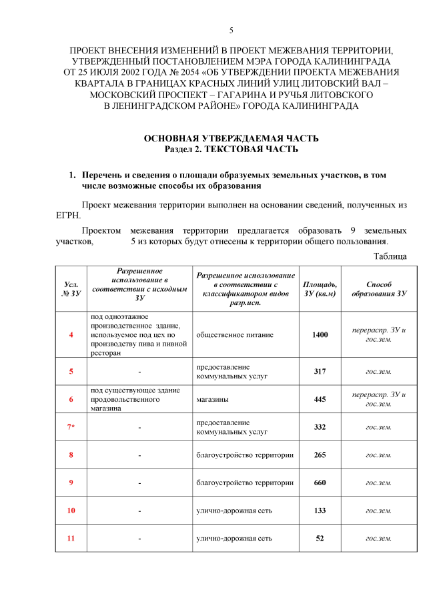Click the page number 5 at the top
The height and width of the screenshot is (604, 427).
coord(231,30)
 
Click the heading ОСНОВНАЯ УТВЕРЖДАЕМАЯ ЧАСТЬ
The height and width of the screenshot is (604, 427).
coord(231,137)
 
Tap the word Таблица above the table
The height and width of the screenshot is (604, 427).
coord(390,256)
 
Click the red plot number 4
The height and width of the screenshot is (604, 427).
coord(71,334)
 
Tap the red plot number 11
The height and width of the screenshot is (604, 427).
coord(71,538)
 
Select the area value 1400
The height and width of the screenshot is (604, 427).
coord(320,334)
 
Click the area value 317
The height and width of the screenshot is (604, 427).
coord(320,372)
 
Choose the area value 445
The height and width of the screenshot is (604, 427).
coord(320,399)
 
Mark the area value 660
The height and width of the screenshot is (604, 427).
coord(320,483)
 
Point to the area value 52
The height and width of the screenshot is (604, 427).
coord(320,538)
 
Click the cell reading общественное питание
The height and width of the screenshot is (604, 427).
coord(234,334)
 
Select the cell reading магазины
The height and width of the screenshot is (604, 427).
coord(212,399)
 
